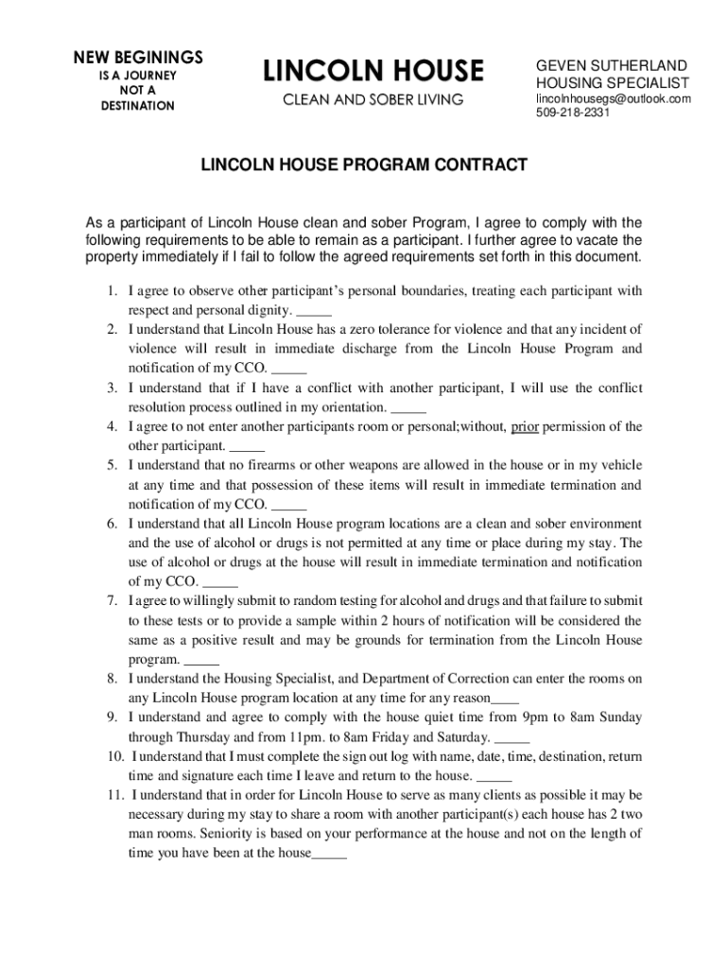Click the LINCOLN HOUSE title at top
point(373,70)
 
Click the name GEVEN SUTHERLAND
point(612,66)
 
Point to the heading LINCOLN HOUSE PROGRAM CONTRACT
point(364,165)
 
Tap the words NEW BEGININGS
point(138,57)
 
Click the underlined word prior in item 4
point(525,426)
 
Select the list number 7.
point(112,601)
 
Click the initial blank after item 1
point(314,310)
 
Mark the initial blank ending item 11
point(329,854)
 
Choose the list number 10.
point(114,756)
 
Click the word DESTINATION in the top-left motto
point(138,106)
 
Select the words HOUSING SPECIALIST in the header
point(613,83)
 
